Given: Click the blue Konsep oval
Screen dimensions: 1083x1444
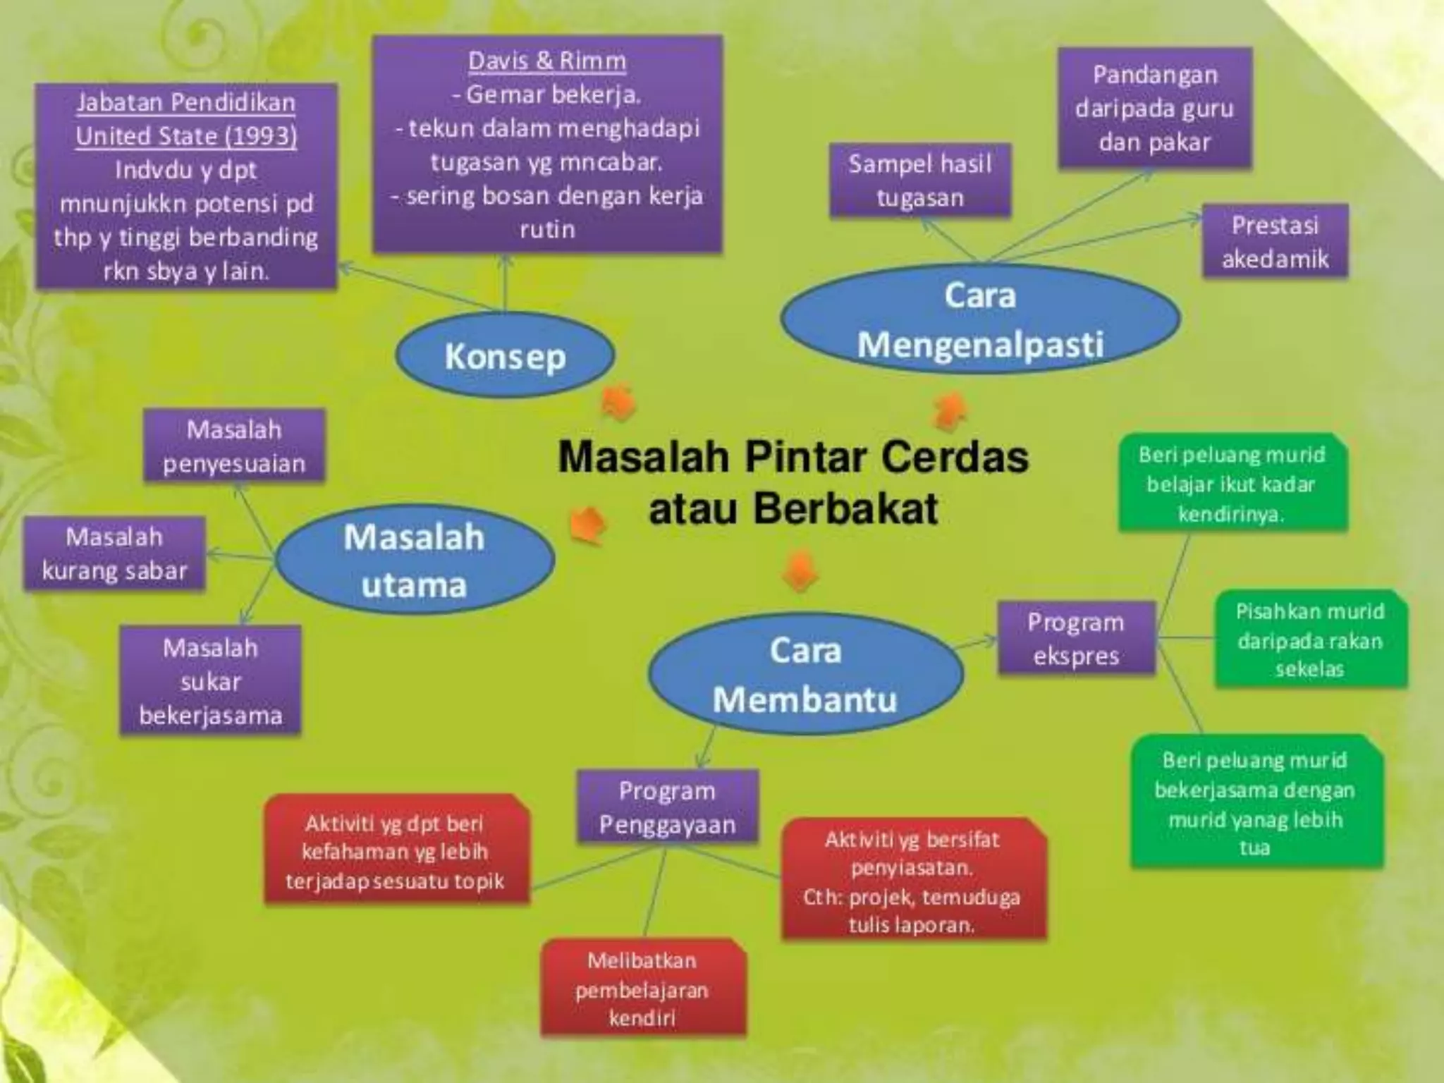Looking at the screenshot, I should click(505, 356).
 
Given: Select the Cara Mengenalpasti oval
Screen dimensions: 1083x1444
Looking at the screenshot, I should click(980, 319).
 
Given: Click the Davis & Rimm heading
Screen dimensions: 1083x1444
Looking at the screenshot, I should click(547, 61).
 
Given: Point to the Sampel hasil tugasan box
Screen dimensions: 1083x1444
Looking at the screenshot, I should click(920, 180).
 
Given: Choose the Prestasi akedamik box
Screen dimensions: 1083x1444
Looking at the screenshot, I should click(1275, 242).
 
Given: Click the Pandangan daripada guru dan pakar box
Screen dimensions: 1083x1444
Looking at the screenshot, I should click(1154, 108).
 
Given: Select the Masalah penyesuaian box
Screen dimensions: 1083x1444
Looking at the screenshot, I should click(234, 446).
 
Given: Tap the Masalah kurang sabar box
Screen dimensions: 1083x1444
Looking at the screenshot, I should click(114, 553).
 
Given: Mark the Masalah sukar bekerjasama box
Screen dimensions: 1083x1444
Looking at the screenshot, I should click(210, 681).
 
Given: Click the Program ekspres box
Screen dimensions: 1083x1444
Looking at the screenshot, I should click(1076, 639).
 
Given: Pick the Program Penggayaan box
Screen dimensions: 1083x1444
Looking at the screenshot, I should click(667, 807).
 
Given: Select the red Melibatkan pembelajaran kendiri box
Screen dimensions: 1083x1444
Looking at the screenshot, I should click(642, 989).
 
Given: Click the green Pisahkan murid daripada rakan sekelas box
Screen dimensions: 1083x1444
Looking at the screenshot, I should click(1310, 640).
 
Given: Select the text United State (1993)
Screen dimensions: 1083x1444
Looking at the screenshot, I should click(186, 135).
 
